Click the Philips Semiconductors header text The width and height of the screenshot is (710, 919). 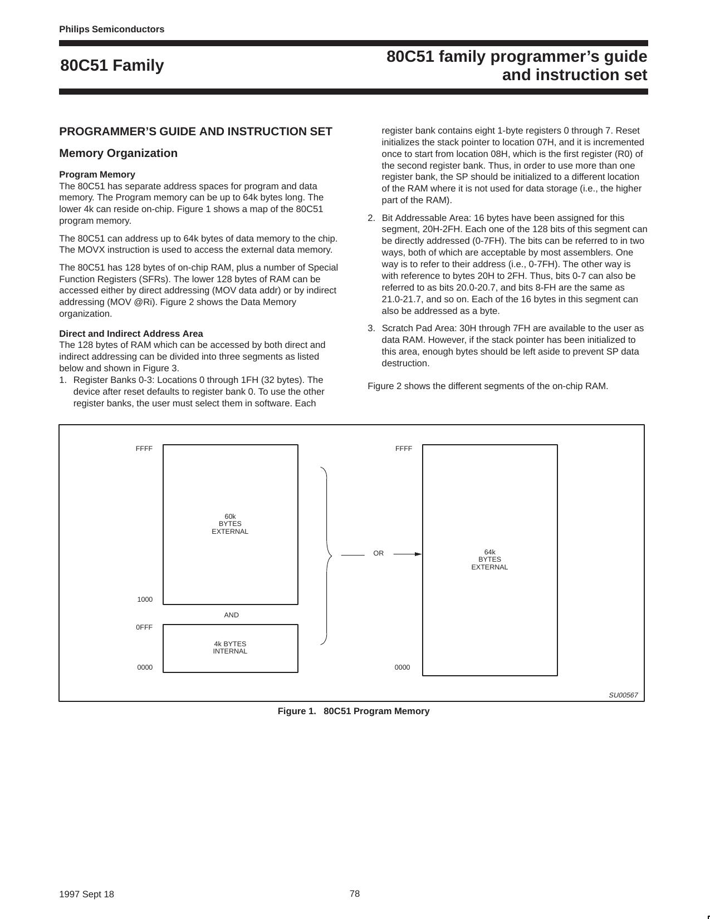pos(111,30)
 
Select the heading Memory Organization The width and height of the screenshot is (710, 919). pos(118,153)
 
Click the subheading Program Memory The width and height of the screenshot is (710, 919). pos(97,174)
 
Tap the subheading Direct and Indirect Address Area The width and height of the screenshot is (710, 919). pos(131,333)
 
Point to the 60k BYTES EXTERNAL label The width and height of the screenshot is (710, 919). pos(230,524)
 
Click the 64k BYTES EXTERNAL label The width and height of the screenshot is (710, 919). pos(489,559)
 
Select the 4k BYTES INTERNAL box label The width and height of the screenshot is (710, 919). pos(230,647)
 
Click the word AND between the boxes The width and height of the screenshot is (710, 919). pos(231,615)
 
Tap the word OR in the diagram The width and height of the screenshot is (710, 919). pos(378,553)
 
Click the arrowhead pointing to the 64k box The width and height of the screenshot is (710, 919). pos(418,554)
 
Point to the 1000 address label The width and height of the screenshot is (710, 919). pos(145,599)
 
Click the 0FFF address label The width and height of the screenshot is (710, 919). pos(144,627)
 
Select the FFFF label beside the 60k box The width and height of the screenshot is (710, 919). pos(144,449)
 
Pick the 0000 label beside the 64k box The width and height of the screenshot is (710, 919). pos(402,667)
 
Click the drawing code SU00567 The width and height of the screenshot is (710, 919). pos(623,695)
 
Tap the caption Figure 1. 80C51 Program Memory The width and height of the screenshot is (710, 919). pos(354,711)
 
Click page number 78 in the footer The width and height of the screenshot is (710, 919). pos(355,893)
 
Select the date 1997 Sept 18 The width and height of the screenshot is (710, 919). pos(86,894)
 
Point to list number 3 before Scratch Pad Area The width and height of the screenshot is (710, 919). pos(371,328)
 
